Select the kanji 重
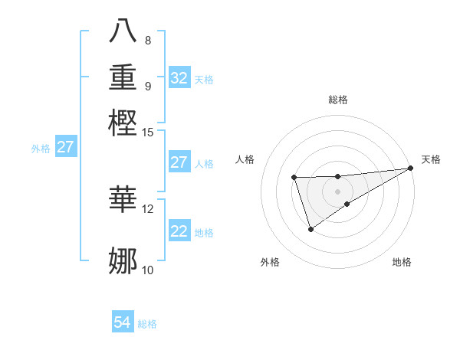tap(123, 77)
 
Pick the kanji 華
tap(123, 198)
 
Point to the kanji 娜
tap(123, 260)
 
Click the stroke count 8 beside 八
tap(148, 41)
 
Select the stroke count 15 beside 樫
tap(148, 133)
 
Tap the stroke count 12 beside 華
tap(148, 208)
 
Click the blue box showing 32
tap(179, 78)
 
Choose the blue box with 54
tap(123, 323)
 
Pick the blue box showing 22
tap(179, 231)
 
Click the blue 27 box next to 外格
tap(65, 147)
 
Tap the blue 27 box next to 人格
tap(179, 162)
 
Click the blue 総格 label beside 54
tap(147, 324)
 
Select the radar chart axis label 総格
tap(337, 100)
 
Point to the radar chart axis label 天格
tap(431, 159)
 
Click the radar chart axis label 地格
tap(402, 262)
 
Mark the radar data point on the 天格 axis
tap(410, 168)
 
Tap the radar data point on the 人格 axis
tap(294, 178)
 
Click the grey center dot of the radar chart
tap(337, 191)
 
